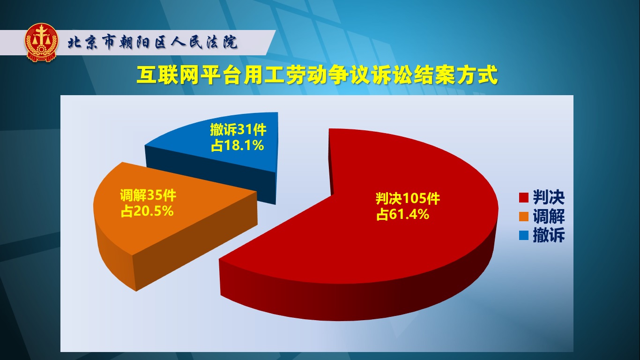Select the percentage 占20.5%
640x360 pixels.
(x=147, y=211)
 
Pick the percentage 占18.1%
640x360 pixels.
(x=237, y=146)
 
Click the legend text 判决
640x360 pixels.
(x=549, y=197)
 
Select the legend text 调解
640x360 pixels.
(x=549, y=216)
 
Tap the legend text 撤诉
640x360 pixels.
(x=549, y=235)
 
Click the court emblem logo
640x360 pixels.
(x=42, y=43)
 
